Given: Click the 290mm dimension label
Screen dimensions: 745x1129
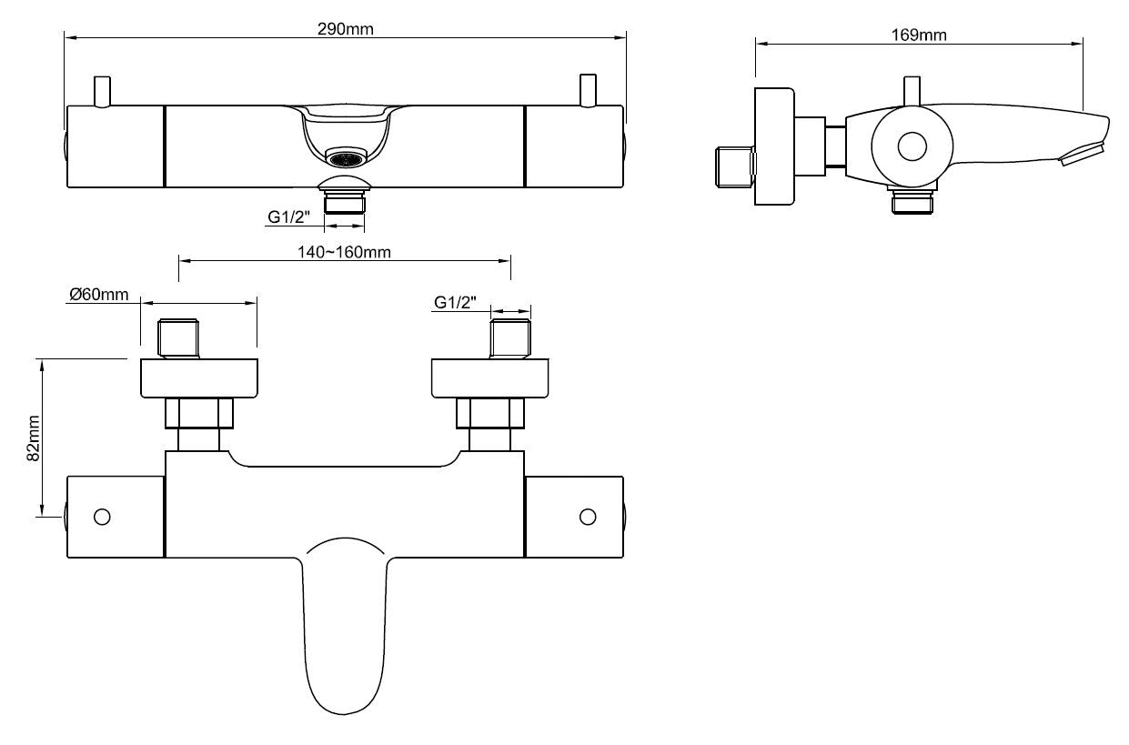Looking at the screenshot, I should tap(345, 28).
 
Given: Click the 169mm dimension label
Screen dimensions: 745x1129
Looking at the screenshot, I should tap(918, 35).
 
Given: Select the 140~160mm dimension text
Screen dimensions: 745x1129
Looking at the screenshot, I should tap(345, 252).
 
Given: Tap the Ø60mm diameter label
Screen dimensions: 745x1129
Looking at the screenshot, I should tap(99, 295).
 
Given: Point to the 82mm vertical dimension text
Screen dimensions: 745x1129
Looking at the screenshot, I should tap(34, 438).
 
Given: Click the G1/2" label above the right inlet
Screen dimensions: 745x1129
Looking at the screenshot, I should tap(455, 303).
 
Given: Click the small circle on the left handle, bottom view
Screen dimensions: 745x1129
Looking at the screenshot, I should tap(102, 517).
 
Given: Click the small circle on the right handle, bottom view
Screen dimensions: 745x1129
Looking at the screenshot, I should tap(588, 517).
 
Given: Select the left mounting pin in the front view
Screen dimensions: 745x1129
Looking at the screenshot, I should tap(102, 92).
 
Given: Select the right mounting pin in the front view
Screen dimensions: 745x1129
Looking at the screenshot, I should tap(588, 92).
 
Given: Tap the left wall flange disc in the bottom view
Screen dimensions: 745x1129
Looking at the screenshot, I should tap(199, 378).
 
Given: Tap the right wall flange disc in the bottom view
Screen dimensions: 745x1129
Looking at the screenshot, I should tap(491, 378).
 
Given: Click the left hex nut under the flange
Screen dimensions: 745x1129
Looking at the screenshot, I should tap(199, 413).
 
